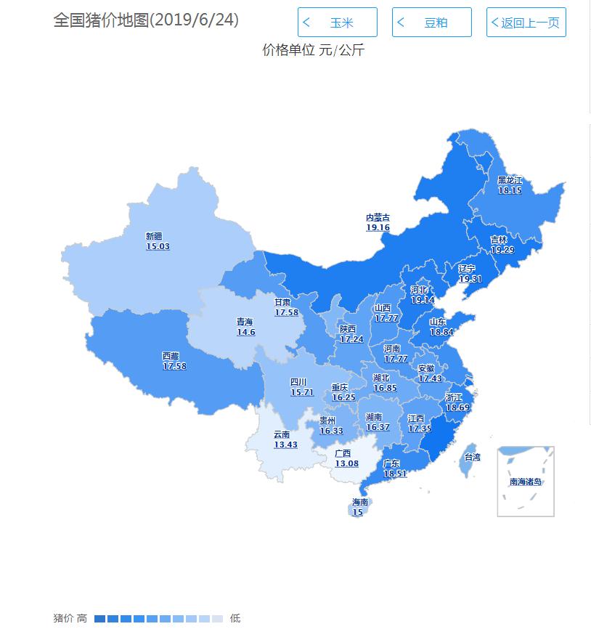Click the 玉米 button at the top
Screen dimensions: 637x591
pyautogui.click(x=338, y=23)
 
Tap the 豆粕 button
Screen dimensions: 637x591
pyautogui.click(x=432, y=23)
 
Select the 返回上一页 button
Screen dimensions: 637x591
pyautogui.click(x=526, y=23)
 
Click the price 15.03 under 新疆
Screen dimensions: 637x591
pyautogui.click(x=158, y=246)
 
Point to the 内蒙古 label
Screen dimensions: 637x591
pyautogui.click(x=378, y=217)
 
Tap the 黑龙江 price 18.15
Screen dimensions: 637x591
pyautogui.click(x=510, y=190)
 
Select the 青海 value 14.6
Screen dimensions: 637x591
pyautogui.click(x=245, y=332)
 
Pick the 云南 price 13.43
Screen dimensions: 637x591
pyautogui.click(x=285, y=445)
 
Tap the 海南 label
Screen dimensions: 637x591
pyautogui.click(x=360, y=502)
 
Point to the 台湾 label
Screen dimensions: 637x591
pyautogui.click(x=472, y=457)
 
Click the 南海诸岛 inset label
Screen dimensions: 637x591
pyautogui.click(x=526, y=481)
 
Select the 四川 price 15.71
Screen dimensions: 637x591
pyautogui.click(x=302, y=391)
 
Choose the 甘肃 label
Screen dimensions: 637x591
pyautogui.click(x=282, y=302)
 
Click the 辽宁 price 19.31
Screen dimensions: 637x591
pyautogui.click(x=470, y=278)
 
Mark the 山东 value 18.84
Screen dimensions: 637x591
pyautogui.click(x=441, y=331)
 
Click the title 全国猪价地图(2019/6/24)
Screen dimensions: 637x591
pyautogui.click(x=146, y=20)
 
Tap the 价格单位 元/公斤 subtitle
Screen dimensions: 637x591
pyautogui.click(x=313, y=51)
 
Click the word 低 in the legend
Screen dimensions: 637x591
pyautogui.click(x=235, y=619)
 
